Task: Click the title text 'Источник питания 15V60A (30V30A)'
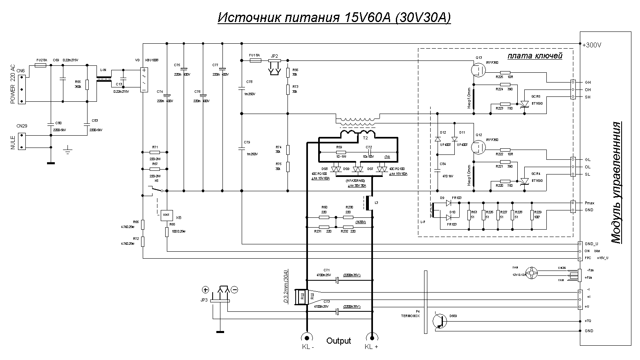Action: coord(334,18)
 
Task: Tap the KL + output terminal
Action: coord(371,337)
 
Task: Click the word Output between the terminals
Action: coord(339,341)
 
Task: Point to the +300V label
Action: coord(592,45)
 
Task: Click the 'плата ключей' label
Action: coord(535,56)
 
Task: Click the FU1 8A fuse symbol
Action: coord(255,60)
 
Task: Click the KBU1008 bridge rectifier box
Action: coord(144,80)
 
